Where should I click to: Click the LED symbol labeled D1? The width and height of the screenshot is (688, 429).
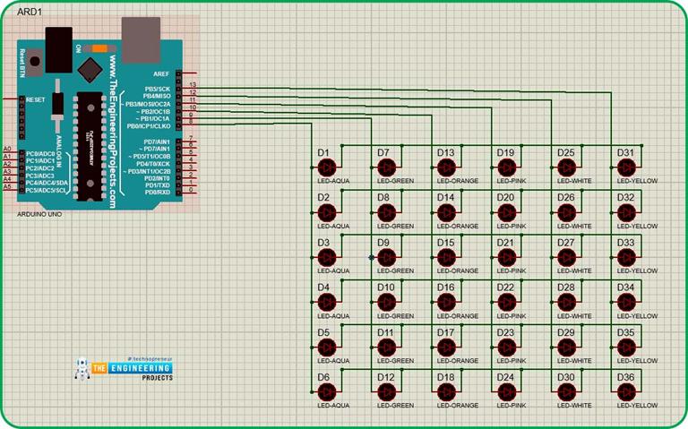pyautogui.click(x=327, y=167)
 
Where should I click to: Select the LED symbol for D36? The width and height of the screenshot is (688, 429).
pyautogui.click(x=627, y=391)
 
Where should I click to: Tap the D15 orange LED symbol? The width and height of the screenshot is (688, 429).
pyautogui.click(x=447, y=257)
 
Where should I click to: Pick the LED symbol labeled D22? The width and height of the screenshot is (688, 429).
pyautogui.click(x=507, y=302)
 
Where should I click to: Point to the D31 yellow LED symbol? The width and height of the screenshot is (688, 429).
pyautogui.click(x=627, y=167)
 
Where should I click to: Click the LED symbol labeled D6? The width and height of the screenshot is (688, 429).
pyautogui.click(x=327, y=391)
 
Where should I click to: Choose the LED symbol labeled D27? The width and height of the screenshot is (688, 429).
pyautogui.click(x=567, y=257)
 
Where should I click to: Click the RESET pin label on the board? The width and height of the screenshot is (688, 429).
pyautogui.click(x=36, y=99)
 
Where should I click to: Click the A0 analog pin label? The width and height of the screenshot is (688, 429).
pyautogui.click(x=7, y=148)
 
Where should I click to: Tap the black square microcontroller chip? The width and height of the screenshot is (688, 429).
pyautogui.click(x=90, y=69)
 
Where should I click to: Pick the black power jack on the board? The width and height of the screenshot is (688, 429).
pyautogui.click(x=57, y=45)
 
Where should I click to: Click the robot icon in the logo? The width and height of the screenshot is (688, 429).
pyautogui.click(x=82, y=370)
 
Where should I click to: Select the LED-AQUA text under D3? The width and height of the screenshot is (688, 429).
pyautogui.click(x=334, y=270)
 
